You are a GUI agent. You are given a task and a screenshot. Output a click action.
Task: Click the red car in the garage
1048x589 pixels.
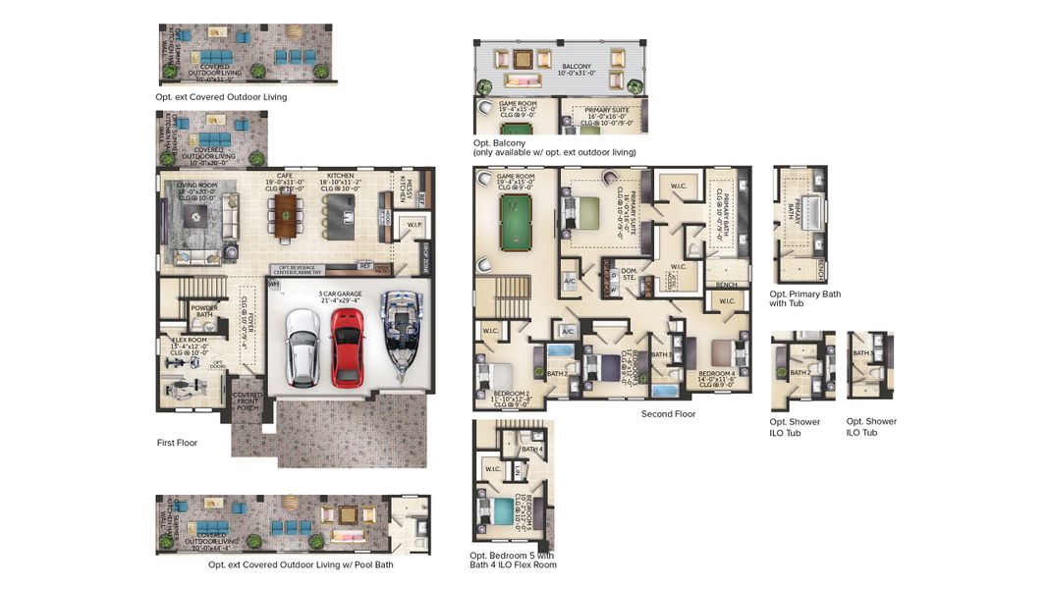pyautogui.click(x=347, y=347)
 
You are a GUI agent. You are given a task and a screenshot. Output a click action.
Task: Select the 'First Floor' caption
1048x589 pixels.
pyautogui.click(x=178, y=443)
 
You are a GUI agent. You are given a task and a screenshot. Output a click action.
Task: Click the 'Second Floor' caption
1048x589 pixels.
pyautogui.click(x=668, y=414)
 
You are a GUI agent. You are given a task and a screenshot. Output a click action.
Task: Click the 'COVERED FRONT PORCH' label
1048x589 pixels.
pyautogui.click(x=248, y=403)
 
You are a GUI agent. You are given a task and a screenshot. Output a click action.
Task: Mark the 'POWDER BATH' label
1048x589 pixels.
pyautogui.click(x=205, y=310)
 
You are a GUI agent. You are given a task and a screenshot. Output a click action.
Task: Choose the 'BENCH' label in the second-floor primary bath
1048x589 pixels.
pyautogui.click(x=728, y=285)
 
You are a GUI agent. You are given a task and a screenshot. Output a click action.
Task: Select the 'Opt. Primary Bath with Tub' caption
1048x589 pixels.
pyautogui.click(x=804, y=298)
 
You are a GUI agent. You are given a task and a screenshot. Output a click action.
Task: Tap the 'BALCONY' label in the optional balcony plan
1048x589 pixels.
pyautogui.click(x=570, y=67)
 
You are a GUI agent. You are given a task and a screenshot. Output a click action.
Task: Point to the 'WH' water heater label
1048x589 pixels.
pyautogui.click(x=274, y=284)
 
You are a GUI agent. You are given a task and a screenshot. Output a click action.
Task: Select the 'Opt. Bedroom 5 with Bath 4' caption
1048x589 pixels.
pyautogui.click(x=512, y=560)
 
